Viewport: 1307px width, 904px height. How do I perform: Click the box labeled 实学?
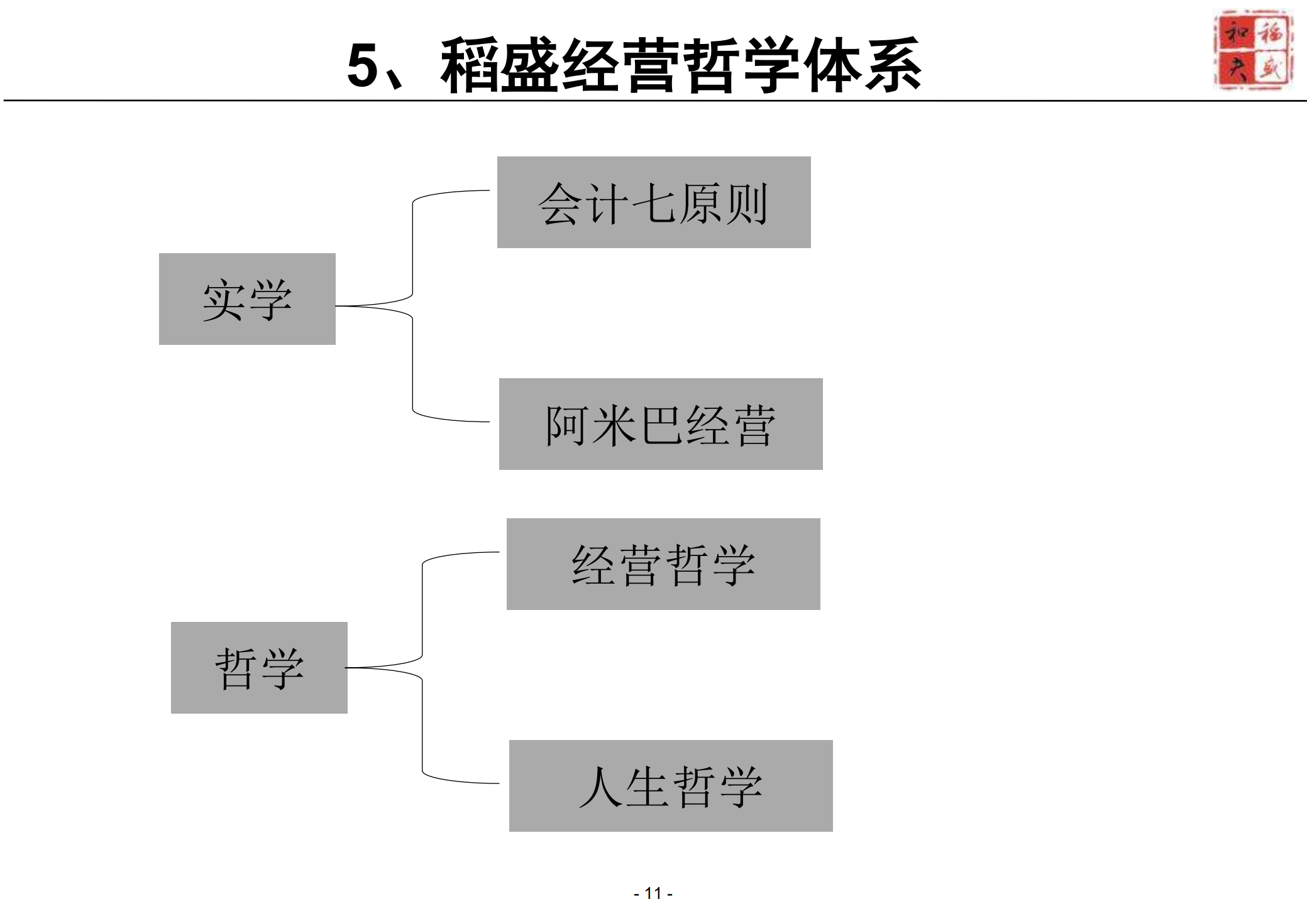coord(247,299)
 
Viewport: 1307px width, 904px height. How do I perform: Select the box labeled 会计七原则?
coord(654,202)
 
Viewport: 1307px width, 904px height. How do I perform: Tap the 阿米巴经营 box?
coord(660,424)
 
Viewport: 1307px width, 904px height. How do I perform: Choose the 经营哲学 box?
coord(663,564)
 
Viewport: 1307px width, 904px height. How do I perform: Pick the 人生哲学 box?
coord(671,786)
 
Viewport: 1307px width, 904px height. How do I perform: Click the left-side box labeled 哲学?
coord(259,668)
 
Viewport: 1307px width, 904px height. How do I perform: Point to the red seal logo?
coord(1253,49)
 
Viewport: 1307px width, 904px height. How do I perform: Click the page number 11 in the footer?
coord(653,893)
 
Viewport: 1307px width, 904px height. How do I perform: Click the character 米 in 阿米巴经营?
coord(615,426)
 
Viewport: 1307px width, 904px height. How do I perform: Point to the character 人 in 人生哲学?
coord(600,787)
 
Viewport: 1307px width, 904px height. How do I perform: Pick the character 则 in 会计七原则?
coord(746,204)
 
